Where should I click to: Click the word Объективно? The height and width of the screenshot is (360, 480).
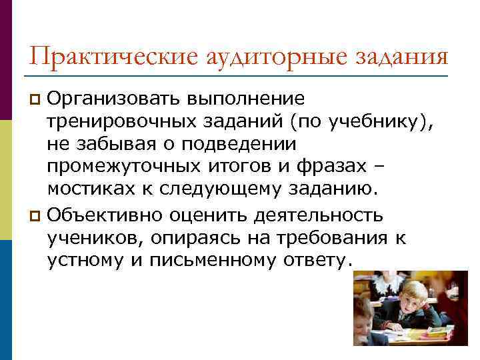click(108, 215)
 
